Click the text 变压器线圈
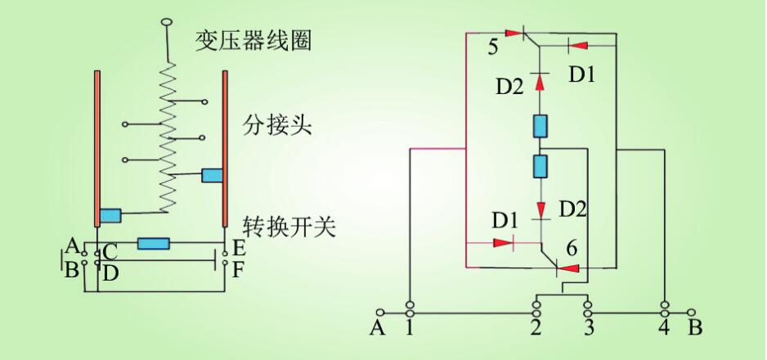pyautogui.click(x=253, y=40)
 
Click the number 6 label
pyautogui.click(x=572, y=245)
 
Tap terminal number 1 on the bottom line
pyautogui.click(x=409, y=329)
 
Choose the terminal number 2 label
pyautogui.click(x=536, y=329)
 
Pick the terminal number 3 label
pyautogui.click(x=587, y=329)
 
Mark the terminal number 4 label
pyautogui.click(x=664, y=329)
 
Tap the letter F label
pyautogui.click(x=238, y=268)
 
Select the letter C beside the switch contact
pyautogui.click(x=110, y=250)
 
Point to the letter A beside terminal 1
pyautogui.click(x=377, y=329)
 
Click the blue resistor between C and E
pyautogui.click(x=153, y=243)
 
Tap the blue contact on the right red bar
pyautogui.click(x=212, y=175)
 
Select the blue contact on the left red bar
pyautogui.click(x=110, y=216)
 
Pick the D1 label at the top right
pyautogui.click(x=582, y=74)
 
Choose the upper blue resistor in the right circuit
pyautogui.click(x=540, y=126)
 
